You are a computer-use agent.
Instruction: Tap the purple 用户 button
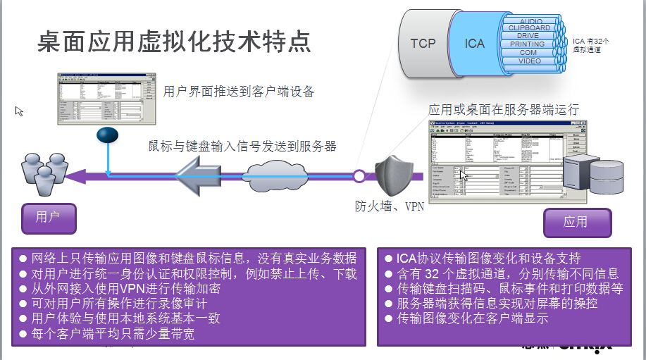click(x=48, y=217)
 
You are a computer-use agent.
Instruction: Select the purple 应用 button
click(x=576, y=222)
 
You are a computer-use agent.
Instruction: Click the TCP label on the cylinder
click(x=423, y=44)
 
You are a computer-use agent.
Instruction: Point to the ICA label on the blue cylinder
click(x=475, y=44)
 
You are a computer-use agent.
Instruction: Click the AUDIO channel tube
click(x=530, y=21)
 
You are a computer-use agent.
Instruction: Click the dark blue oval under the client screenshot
click(x=107, y=133)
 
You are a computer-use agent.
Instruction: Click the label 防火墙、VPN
click(x=389, y=207)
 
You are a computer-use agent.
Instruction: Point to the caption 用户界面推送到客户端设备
click(x=239, y=91)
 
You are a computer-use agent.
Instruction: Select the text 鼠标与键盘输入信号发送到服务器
click(x=242, y=147)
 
